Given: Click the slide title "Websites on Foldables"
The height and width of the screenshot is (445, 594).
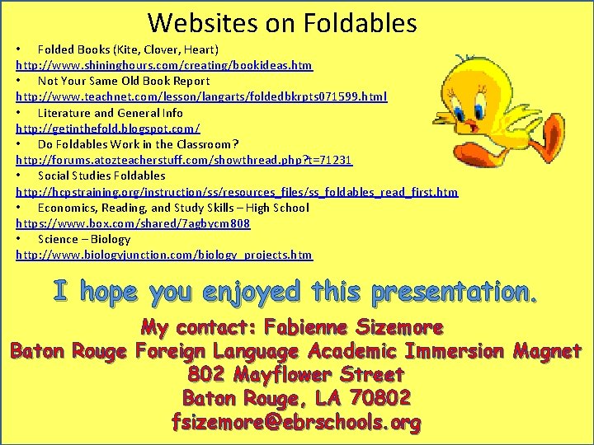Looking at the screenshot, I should point(281,22).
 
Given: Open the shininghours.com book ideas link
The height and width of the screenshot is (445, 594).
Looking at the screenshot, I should point(164,65).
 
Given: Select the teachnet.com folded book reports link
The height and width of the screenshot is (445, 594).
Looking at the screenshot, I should point(201,96).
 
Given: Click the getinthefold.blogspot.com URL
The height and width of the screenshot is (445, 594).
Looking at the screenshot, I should point(108,129).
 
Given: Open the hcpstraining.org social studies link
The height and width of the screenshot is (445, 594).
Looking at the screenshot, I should point(237,192).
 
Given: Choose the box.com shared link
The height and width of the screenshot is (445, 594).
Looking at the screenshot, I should point(133,223).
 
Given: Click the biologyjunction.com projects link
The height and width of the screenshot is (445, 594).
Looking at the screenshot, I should point(164,255).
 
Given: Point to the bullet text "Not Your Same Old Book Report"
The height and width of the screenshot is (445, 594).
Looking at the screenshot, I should point(124,81).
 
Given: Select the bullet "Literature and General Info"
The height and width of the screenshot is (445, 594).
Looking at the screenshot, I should point(111,113).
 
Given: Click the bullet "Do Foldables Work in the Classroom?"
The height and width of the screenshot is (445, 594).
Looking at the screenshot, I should point(138,144).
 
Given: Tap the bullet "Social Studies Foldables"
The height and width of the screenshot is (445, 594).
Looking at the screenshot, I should point(101,176).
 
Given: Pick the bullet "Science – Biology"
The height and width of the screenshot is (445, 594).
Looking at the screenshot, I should point(84,239).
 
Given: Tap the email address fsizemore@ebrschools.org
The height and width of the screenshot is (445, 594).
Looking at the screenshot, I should point(296,424).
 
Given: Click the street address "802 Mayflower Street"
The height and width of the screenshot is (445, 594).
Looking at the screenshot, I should point(296,375).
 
